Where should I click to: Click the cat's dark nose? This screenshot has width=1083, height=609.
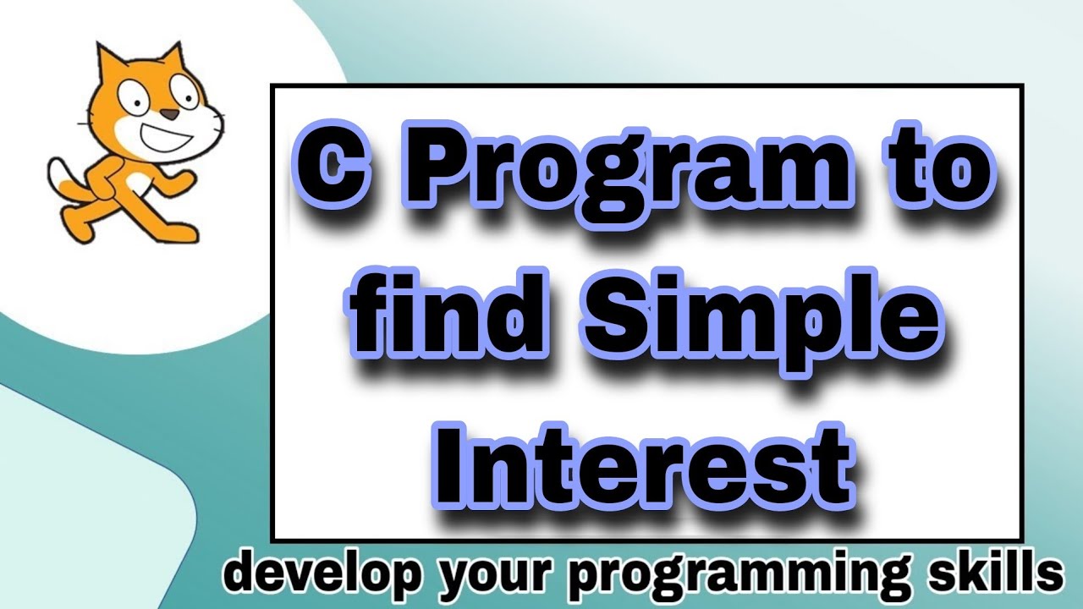(x=168, y=114)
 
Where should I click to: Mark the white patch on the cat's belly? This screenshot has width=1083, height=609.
(x=137, y=180)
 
